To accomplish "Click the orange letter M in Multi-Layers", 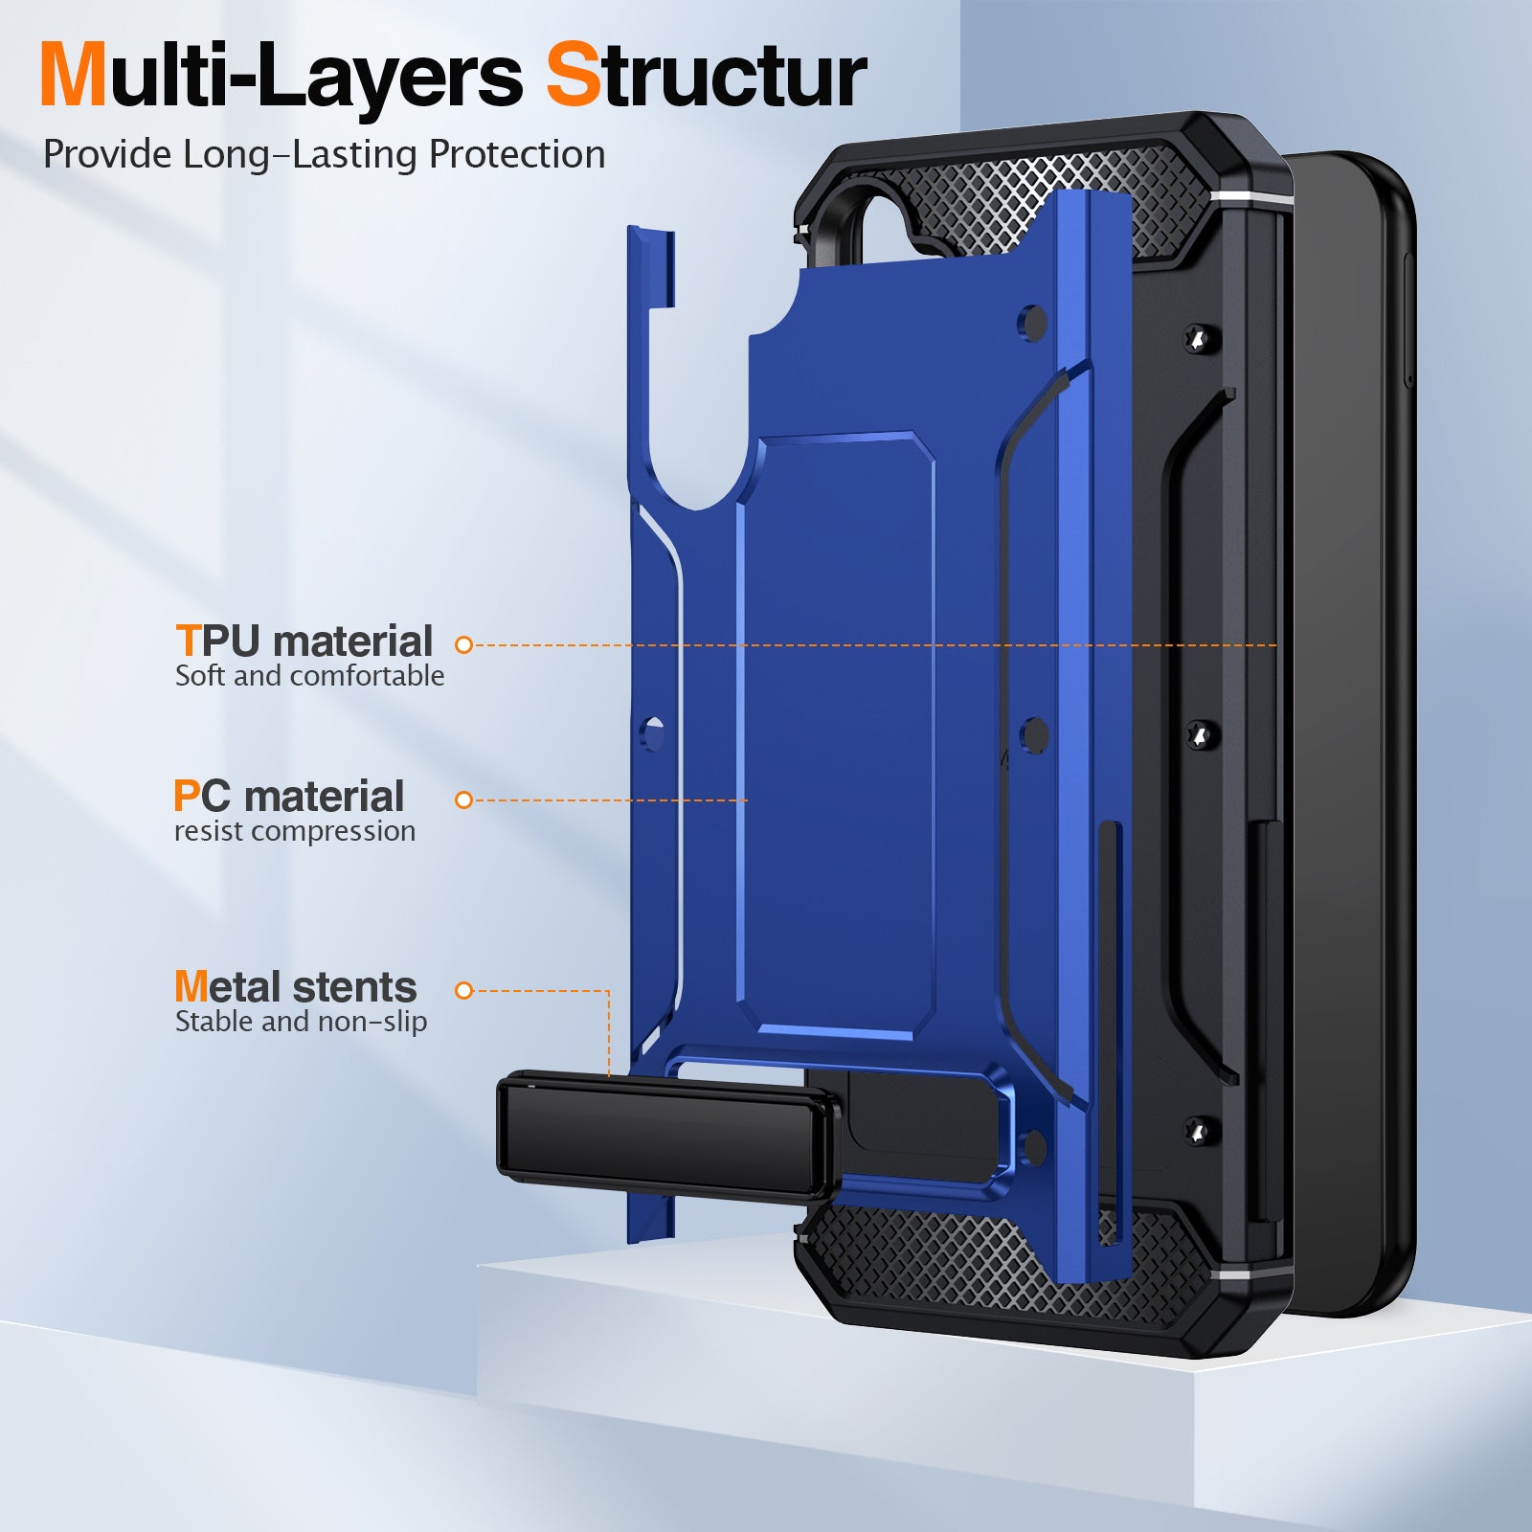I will coord(73,77).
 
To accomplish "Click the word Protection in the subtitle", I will coord(516,155).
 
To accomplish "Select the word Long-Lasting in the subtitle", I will coord(300,155).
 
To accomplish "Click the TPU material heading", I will coord(304,641).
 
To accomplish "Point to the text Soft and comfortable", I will coord(309,676).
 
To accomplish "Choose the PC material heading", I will coord(288,796).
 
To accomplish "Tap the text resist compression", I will coord(295,831).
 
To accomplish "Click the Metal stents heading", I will coord(295,986).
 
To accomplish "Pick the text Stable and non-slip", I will coord(301,1022).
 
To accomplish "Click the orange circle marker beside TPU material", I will coord(464,645).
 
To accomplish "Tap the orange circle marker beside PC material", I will coord(464,800).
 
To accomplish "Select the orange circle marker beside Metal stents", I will coord(464,990).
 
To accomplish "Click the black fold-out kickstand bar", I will coord(667,1135).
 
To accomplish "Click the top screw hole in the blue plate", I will coord(1031,323).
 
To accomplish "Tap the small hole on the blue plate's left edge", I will coord(653,734).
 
